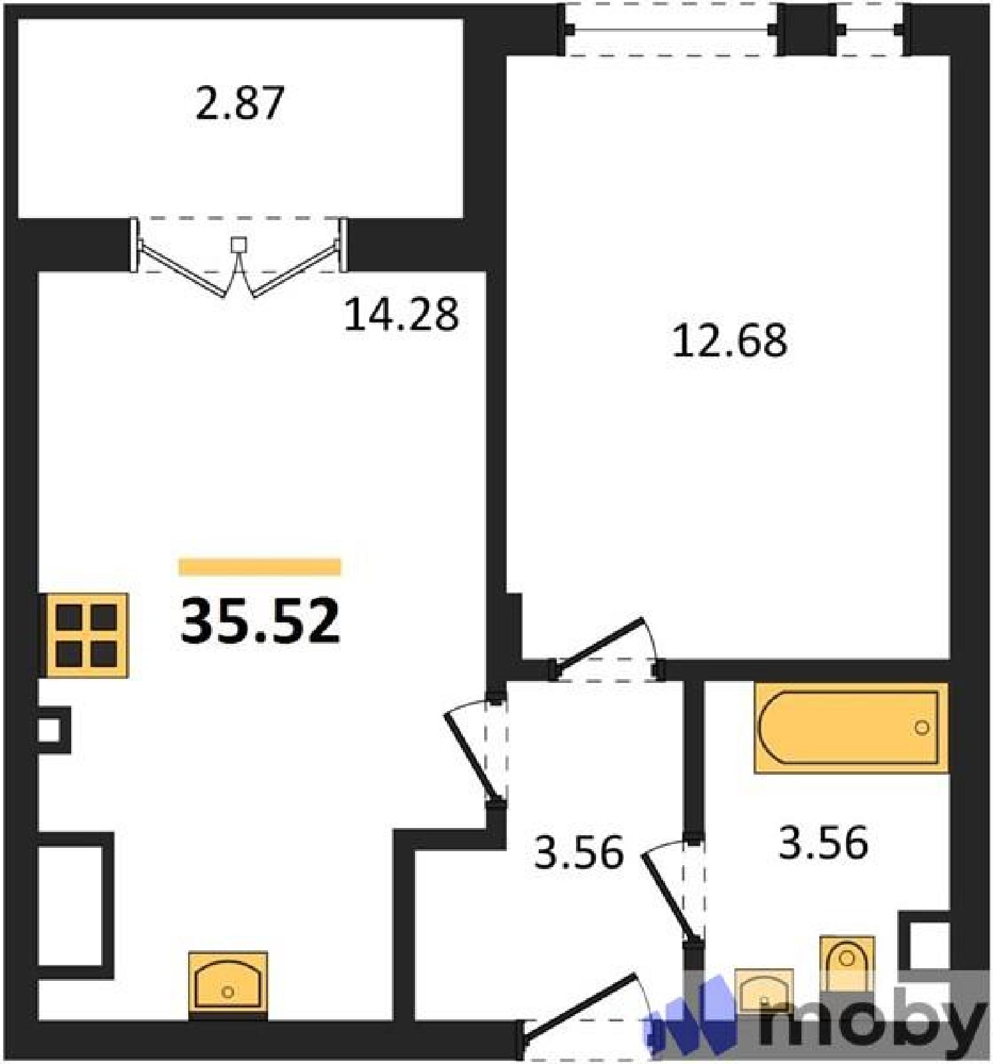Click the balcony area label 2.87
coord(240,103)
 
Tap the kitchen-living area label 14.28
coord(401,315)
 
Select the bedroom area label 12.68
coord(730,340)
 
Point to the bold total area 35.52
coord(260,622)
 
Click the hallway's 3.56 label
coord(579,853)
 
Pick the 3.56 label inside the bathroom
coord(823,843)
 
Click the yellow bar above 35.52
coord(260,567)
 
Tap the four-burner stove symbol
coord(86,636)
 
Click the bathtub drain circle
coord(922,728)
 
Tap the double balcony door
coord(239,256)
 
